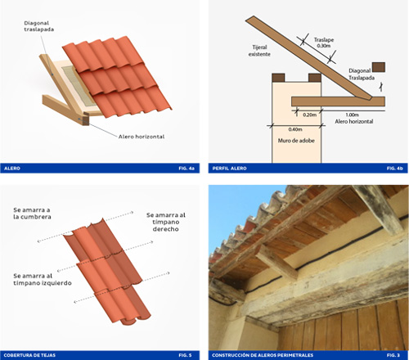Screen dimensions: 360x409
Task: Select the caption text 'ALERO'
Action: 13,168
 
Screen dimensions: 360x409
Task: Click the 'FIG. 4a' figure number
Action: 187,168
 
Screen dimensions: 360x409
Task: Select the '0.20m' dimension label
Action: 309,115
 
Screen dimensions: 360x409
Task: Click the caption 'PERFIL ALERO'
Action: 230,168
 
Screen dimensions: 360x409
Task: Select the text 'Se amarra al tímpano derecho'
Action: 166,222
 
